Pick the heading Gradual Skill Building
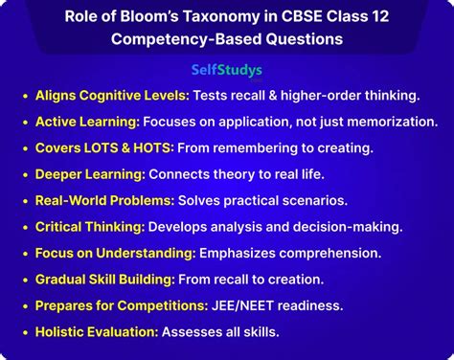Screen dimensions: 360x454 point(103,279)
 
